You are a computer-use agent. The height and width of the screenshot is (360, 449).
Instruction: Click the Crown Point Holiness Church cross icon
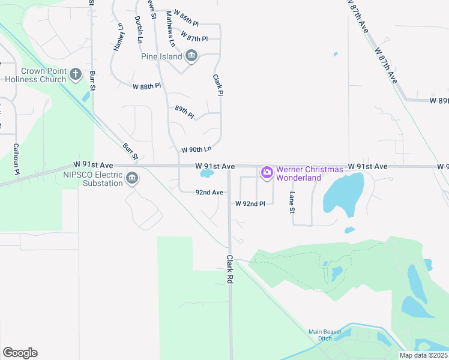[x=75, y=74]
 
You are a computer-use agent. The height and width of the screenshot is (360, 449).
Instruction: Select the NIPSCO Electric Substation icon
[x=132, y=178]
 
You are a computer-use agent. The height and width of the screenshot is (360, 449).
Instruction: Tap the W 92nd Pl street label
[x=250, y=204]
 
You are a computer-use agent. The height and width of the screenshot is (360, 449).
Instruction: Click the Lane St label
[x=292, y=202]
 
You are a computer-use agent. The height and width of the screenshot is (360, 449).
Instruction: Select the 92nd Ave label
[x=209, y=193]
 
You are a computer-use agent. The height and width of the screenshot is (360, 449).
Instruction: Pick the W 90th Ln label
[x=197, y=149]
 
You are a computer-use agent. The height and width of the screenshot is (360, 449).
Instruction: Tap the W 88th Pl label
[x=147, y=86]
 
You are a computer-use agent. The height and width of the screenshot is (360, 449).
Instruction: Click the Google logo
[x=20, y=352]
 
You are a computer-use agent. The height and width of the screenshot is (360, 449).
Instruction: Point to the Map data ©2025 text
[x=423, y=355]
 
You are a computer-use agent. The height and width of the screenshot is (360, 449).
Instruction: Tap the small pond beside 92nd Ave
[x=206, y=174]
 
